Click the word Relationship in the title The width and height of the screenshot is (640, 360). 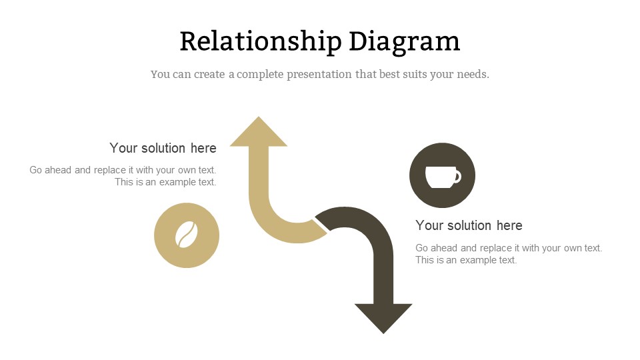click(261, 41)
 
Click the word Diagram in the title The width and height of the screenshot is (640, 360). click(405, 41)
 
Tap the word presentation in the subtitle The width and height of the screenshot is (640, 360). click(319, 75)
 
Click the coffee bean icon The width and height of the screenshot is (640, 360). click(187, 235)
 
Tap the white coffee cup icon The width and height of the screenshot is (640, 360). click(443, 177)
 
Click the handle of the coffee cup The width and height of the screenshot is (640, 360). click(457, 176)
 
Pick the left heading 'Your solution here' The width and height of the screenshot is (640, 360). click(163, 148)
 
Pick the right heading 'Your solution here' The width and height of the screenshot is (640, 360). click(469, 225)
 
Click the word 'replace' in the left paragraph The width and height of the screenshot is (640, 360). click(110, 170)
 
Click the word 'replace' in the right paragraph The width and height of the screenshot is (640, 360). click(496, 248)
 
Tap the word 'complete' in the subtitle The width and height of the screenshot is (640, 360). click(260, 75)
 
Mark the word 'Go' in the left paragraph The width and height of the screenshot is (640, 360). click(35, 170)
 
